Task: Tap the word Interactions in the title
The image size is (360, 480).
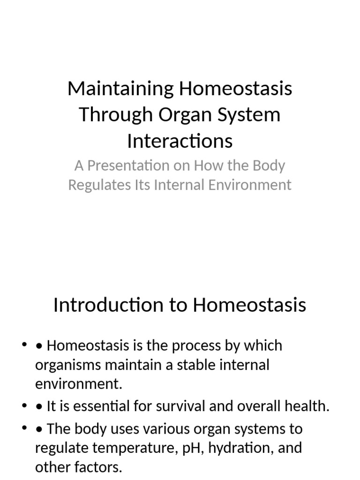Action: point(180,141)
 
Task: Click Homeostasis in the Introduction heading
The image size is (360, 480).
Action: point(249,305)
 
